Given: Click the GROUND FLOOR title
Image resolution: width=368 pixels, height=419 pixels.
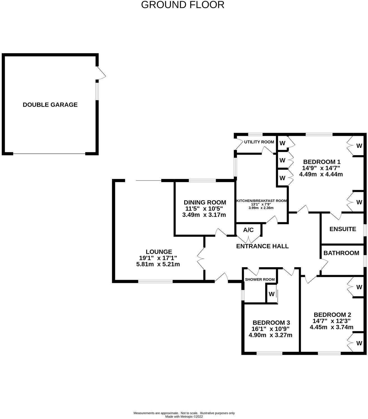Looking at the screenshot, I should (183, 5).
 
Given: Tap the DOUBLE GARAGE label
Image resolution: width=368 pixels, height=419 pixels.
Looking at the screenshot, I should (50, 105).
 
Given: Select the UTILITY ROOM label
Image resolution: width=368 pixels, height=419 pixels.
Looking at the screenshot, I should (259, 142).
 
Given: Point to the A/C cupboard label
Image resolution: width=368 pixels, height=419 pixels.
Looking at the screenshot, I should (248, 230).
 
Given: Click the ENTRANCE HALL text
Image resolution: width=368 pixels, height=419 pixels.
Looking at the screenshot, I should (262, 246).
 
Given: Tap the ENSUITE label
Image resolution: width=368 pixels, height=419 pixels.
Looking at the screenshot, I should (342, 229).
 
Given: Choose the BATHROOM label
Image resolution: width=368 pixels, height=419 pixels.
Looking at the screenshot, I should (341, 253).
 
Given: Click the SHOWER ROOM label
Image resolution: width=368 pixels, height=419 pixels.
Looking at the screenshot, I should (260, 280).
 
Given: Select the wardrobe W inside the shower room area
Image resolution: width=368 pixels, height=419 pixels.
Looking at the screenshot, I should (271, 294).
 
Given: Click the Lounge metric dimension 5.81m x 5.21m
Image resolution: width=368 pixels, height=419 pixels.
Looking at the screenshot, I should (158, 264).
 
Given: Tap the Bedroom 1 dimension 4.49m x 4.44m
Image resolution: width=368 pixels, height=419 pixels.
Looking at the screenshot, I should (321, 174).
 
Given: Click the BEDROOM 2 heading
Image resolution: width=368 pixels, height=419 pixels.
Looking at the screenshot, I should (332, 315).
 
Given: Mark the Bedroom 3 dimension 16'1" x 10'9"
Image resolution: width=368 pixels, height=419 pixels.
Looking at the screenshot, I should (270, 329).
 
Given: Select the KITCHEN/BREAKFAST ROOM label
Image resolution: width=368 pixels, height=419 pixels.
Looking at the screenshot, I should (261, 201).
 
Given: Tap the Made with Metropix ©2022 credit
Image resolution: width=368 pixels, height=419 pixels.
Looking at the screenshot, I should (184, 416).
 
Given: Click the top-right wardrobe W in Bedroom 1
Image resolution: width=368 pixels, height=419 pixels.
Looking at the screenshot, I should (359, 146).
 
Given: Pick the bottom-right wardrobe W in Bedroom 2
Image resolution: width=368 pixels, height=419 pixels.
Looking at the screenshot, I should (359, 343).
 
